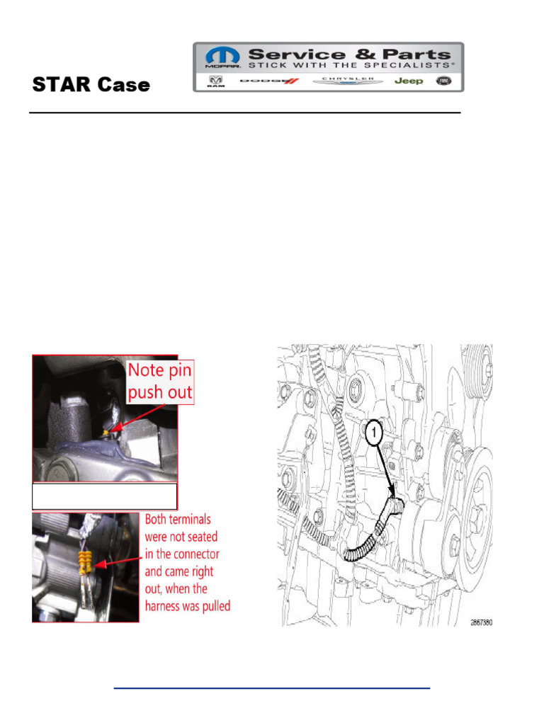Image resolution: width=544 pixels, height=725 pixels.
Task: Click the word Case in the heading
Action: point(121,86)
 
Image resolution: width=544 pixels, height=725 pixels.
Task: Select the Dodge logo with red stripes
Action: point(270,81)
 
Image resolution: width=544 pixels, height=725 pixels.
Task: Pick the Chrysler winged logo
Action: point(348,81)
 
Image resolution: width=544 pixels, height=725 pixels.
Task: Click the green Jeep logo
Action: point(409,81)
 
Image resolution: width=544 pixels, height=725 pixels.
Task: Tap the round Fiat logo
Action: point(444,81)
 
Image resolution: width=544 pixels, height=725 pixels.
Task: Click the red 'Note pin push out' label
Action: point(159,381)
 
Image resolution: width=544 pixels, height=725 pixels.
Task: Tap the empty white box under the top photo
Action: point(104,495)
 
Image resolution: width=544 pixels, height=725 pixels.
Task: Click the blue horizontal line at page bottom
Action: point(272,687)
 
